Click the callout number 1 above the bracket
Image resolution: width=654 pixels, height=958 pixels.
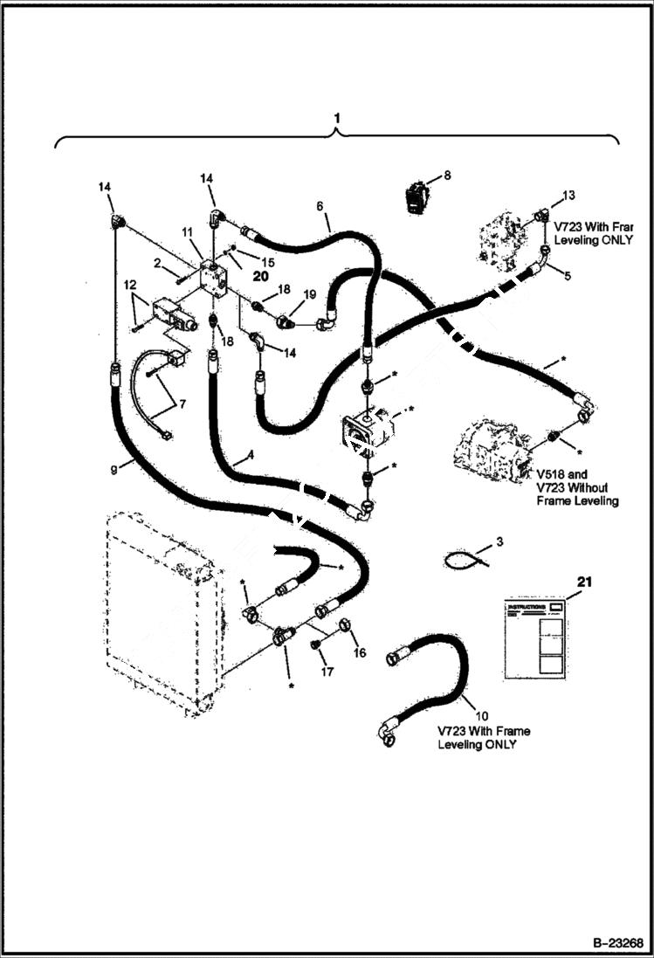point(337,117)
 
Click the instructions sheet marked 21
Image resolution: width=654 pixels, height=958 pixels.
point(535,638)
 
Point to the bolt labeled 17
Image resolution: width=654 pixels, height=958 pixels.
point(317,644)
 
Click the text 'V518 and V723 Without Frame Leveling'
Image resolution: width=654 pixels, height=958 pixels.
point(578,488)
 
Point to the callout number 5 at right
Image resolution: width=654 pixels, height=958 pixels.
point(568,276)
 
